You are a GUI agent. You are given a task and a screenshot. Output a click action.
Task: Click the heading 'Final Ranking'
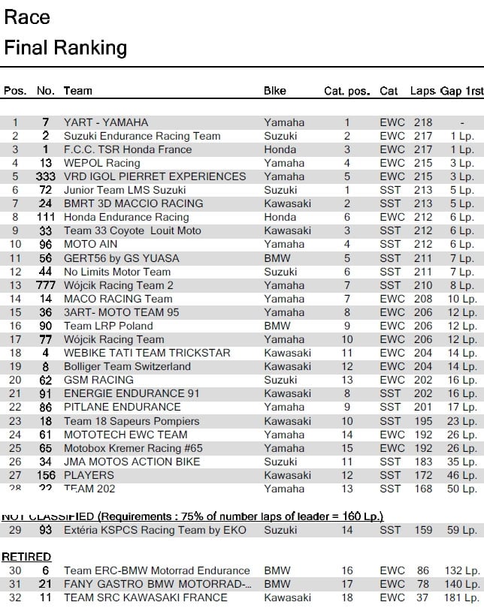point(65,49)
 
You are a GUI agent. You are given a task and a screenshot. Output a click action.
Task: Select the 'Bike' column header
point(275,91)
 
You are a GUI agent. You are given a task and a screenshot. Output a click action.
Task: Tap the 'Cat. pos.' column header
point(346,92)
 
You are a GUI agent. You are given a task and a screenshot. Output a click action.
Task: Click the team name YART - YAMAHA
point(106,122)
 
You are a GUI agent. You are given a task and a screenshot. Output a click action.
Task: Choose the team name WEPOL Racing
point(101,163)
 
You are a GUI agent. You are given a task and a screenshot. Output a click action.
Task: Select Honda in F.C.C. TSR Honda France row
point(280,149)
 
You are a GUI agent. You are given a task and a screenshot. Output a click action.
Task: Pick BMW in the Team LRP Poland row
point(276,326)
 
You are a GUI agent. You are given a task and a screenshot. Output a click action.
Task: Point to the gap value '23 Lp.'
point(462,421)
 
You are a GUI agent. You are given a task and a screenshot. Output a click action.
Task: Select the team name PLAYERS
point(89,475)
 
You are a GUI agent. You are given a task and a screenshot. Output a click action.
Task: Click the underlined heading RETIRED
point(26,557)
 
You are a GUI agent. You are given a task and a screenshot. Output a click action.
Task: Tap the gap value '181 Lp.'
point(461,598)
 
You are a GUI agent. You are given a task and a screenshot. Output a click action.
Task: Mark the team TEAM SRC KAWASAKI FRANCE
point(145,598)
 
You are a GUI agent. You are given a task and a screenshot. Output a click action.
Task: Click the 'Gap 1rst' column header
point(461,91)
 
